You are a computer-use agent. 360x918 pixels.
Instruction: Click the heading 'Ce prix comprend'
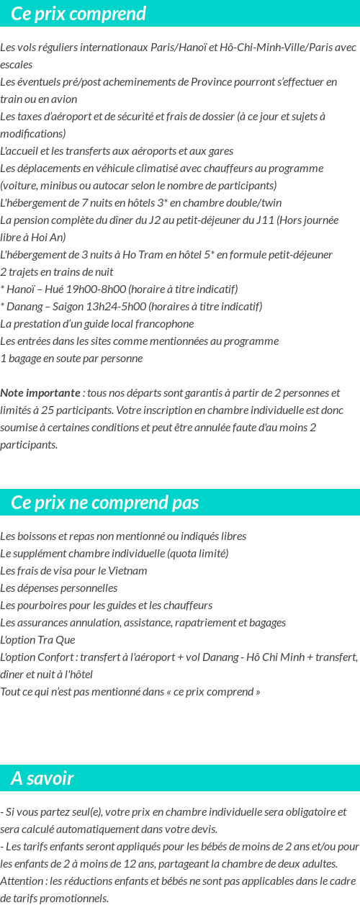(x=78, y=14)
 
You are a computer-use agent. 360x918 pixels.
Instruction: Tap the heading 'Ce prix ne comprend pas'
(x=104, y=502)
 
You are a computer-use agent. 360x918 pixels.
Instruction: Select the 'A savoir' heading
(x=42, y=778)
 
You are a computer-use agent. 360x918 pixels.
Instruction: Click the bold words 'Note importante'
(x=40, y=393)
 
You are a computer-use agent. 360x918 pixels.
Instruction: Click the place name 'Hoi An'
(x=50, y=238)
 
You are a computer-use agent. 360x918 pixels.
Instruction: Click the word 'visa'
(x=58, y=571)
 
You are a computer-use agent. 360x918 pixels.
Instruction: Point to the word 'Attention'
(x=22, y=881)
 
